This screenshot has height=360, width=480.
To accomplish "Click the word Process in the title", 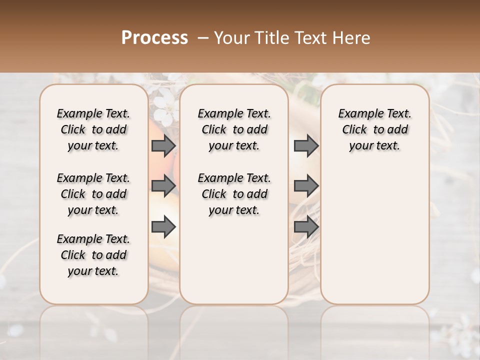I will (x=154, y=38).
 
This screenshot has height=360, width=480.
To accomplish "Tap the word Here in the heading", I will (x=352, y=38).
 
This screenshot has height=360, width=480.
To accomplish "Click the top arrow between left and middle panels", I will (x=163, y=146).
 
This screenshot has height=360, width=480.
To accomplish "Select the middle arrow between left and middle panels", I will (x=163, y=186).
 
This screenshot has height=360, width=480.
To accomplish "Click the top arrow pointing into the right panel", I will (x=306, y=146).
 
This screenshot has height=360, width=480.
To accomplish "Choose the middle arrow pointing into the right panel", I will (x=306, y=186).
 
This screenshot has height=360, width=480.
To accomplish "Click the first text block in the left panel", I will (x=93, y=129).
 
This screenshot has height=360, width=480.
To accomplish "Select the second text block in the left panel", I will (x=93, y=194).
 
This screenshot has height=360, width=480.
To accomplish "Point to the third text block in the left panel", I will (x=93, y=255).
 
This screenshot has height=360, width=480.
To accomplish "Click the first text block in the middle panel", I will (x=234, y=129).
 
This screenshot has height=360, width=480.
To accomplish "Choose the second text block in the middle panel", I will (x=234, y=194).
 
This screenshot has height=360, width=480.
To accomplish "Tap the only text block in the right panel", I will (x=374, y=129).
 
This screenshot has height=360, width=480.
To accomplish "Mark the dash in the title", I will (x=203, y=38).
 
